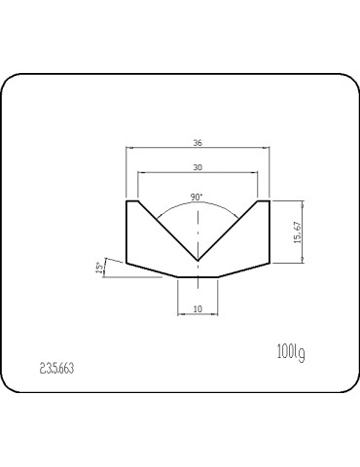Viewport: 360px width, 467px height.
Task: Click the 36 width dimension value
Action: [x=198, y=143]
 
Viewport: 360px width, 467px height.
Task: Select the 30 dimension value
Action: [x=198, y=167]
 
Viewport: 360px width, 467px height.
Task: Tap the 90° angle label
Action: [x=197, y=198]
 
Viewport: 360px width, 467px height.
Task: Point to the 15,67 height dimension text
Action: [x=298, y=233]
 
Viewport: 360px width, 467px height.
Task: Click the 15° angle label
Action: [x=100, y=268]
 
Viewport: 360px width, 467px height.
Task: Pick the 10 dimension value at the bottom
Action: [x=198, y=309]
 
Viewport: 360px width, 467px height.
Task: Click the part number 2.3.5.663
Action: [x=56, y=368]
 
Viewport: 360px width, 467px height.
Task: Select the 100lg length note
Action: [x=291, y=352]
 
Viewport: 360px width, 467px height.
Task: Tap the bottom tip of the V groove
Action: [x=198, y=261]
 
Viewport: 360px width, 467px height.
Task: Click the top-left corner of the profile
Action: [x=126, y=201]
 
